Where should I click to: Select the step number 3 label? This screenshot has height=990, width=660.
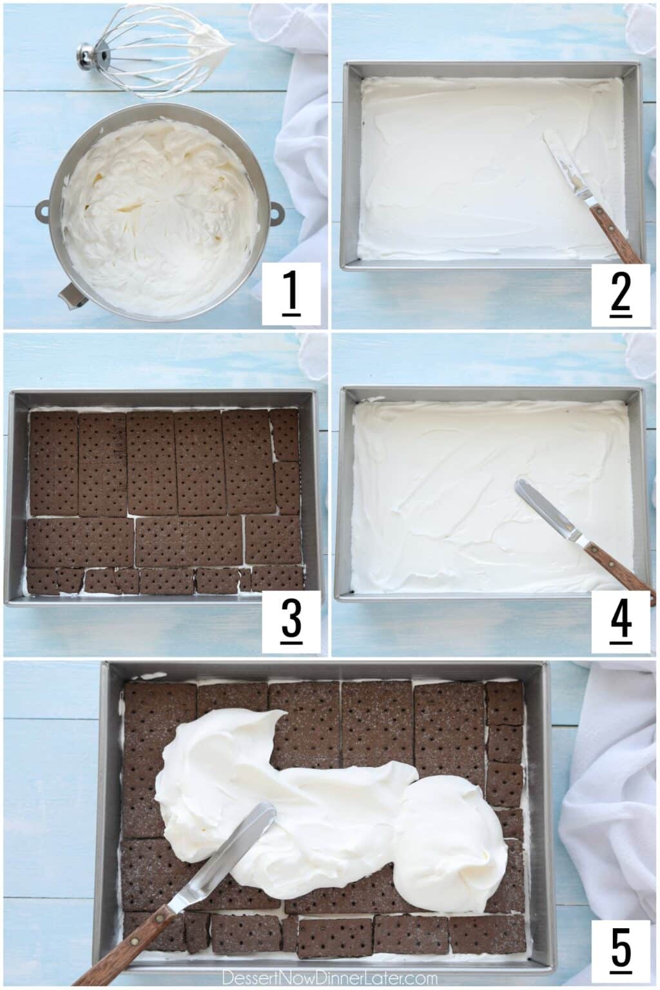pyautogui.click(x=291, y=620)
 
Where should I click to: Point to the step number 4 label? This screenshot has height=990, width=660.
pyautogui.click(x=620, y=620)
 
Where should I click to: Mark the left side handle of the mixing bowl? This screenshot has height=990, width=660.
pyautogui.click(x=43, y=209)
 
